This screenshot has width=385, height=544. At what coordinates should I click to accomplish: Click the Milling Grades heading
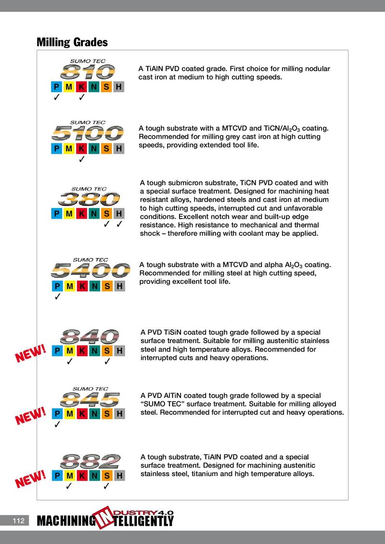point(72,42)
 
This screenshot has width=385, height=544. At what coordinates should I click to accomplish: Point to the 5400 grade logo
point(90,269)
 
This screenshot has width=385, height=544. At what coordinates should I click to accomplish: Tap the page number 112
point(18,520)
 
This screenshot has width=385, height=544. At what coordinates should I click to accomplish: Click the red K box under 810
point(82,87)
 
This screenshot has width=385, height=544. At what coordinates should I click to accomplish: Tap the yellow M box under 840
point(69,351)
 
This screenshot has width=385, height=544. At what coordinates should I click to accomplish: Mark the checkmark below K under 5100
point(82,159)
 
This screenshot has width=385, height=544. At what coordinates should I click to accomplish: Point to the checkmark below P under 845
point(57,424)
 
